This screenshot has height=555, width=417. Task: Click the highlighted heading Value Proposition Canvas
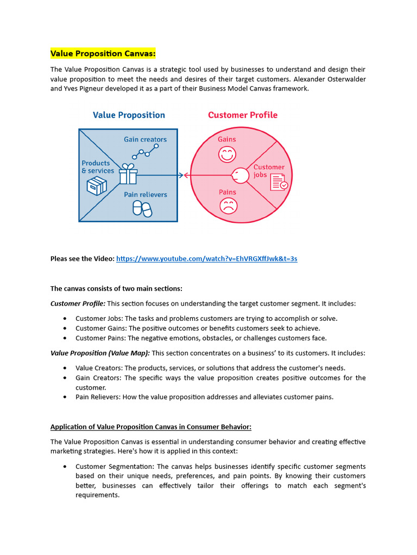(x=103, y=53)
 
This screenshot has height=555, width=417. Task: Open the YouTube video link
(x=206, y=259)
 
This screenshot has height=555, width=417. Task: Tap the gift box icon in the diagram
(x=128, y=174)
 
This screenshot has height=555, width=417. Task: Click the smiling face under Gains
(x=226, y=155)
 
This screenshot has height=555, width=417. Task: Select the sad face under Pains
(x=228, y=206)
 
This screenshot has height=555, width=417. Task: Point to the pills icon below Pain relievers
(x=143, y=209)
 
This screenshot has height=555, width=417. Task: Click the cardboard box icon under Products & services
(x=97, y=186)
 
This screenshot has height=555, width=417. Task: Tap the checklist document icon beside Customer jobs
(x=279, y=182)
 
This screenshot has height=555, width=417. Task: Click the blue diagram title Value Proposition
(x=129, y=115)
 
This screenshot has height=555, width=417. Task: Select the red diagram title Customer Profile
(x=242, y=115)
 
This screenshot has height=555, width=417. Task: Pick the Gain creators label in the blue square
(x=145, y=139)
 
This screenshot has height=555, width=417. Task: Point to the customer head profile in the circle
(x=239, y=175)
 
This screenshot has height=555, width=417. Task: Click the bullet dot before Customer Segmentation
(x=65, y=467)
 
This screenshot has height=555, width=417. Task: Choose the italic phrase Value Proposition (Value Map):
(x=100, y=353)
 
